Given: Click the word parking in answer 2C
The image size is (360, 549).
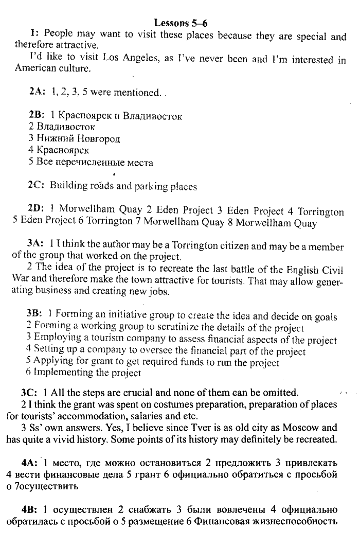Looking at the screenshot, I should pos(152,186).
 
